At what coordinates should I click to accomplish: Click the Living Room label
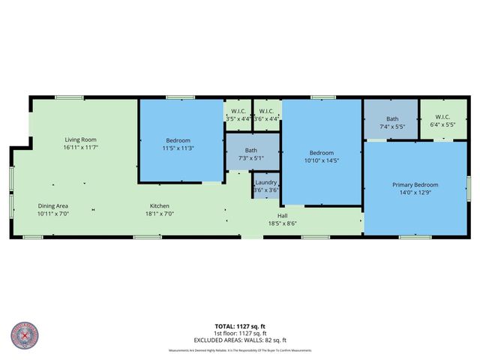(x=80, y=139)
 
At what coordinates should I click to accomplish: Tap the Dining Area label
(x=53, y=205)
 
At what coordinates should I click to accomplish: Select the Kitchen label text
(x=159, y=205)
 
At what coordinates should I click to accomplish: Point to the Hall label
(x=283, y=215)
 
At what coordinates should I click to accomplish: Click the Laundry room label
(x=266, y=183)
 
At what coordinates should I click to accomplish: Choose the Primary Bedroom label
(x=415, y=184)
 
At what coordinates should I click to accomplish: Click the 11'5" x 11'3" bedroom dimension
(x=178, y=148)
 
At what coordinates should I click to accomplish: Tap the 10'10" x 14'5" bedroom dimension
(x=322, y=160)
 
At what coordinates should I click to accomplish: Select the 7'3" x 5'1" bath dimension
(x=251, y=158)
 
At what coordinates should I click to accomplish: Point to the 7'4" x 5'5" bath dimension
(x=391, y=127)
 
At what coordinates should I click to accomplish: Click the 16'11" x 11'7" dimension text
(x=80, y=148)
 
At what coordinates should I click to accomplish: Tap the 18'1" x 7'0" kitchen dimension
(x=159, y=214)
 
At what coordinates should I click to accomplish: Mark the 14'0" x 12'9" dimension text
(x=415, y=193)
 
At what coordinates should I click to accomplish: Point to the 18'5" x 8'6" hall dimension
(x=283, y=223)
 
